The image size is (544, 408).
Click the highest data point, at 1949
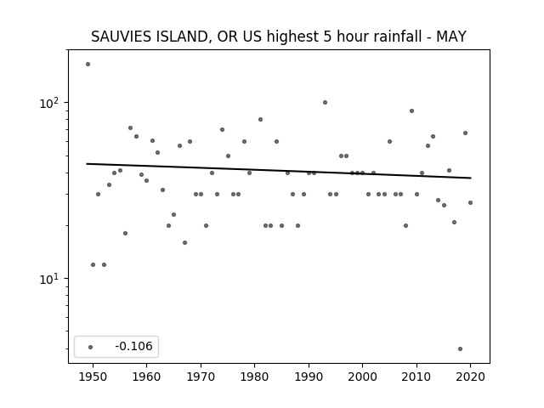pyautogui.click(x=88, y=65)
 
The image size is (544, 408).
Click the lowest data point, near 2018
pyautogui.click(x=460, y=349)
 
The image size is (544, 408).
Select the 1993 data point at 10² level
pyautogui.click(x=325, y=102)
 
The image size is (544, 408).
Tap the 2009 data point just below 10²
pyautogui.click(x=411, y=111)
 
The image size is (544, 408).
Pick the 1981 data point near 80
pyautogui.click(x=261, y=119)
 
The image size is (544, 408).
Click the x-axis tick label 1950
pyautogui.click(x=93, y=377)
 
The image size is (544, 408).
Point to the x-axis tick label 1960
pyautogui.click(x=146, y=377)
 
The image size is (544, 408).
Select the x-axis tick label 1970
pyautogui.click(x=201, y=377)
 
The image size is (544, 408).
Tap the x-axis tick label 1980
pyautogui.click(x=254, y=377)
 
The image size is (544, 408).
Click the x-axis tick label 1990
pyautogui.click(x=309, y=377)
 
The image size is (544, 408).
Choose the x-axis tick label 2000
pyautogui.click(x=362, y=377)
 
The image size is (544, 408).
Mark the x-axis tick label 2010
pyautogui.click(x=416, y=377)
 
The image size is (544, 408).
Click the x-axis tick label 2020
pyautogui.click(x=470, y=377)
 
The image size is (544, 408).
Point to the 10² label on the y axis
pyautogui.click(x=51, y=103)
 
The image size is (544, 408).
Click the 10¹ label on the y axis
pyautogui.click(x=51, y=279)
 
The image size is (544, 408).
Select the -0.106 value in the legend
pyautogui.click(x=134, y=346)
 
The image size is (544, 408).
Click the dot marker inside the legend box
pyautogui.click(x=91, y=347)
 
